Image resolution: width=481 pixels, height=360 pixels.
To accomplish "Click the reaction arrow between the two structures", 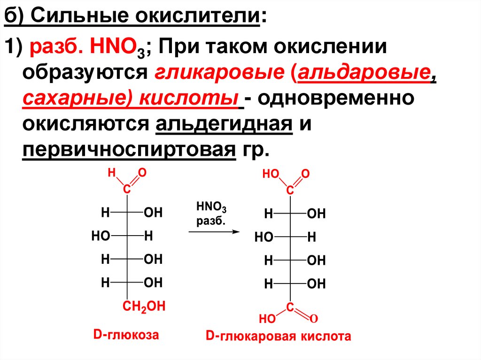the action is (214, 231).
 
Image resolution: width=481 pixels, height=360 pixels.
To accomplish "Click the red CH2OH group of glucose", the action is (144, 307).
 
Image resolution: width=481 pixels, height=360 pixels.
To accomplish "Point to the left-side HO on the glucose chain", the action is (100, 237).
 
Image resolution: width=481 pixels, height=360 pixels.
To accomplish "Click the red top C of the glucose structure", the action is (126, 190).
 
